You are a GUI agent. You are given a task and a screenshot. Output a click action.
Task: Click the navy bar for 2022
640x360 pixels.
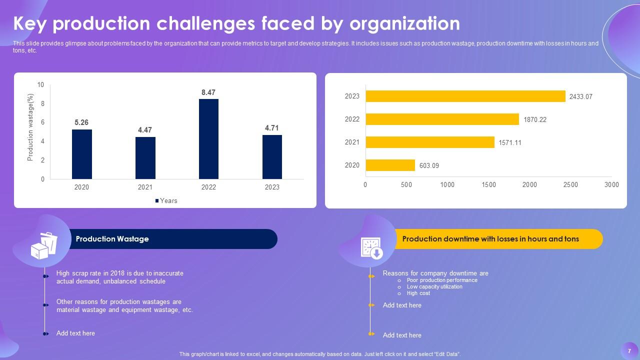click(208, 139)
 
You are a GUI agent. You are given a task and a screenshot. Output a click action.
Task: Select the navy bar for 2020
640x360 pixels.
click(81, 154)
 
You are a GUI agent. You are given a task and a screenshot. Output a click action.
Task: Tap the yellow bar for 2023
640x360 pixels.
click(465, 96)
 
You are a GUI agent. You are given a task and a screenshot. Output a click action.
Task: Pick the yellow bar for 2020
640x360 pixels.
click(390, 165)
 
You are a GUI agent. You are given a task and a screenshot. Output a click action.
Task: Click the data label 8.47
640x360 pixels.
click(208, 92)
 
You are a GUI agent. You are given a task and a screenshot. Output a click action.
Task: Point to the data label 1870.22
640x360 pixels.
click(535, 120)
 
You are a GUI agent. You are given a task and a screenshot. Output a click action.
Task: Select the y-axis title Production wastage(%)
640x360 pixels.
click(30, 127)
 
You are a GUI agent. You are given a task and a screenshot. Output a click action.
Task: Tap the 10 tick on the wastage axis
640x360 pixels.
click(40, 85)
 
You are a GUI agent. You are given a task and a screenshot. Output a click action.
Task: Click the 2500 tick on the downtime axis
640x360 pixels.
click(570, 185)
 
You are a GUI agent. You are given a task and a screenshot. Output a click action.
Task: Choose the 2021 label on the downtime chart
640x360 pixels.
click(352, 142)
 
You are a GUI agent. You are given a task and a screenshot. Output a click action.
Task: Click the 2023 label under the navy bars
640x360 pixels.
click(272, 187)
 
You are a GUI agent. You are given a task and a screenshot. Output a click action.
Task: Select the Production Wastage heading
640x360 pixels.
click(112, 239)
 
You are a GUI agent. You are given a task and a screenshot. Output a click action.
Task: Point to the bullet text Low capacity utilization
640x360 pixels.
click(434, 287)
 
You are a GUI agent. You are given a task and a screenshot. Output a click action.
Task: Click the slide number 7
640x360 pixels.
click(629, 351)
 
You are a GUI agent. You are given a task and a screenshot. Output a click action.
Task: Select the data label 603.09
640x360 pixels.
click(429, 165)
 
